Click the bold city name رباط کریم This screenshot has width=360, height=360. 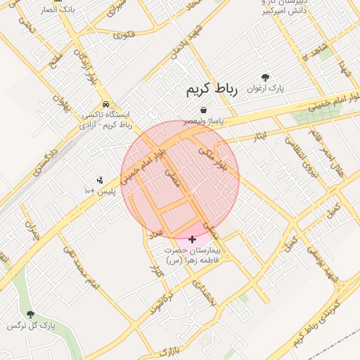click(x=212, y=89)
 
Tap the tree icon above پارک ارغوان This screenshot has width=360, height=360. click(x=265, y=77)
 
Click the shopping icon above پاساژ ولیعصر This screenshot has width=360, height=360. click(x=203, y=110)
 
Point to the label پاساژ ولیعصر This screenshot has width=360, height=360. click(x=204, y=122)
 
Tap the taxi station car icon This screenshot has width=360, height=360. click(x=105, y=104)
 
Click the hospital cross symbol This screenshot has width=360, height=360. click(x=193, y=240)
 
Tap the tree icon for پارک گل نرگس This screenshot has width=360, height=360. click(x=30, y=314)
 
